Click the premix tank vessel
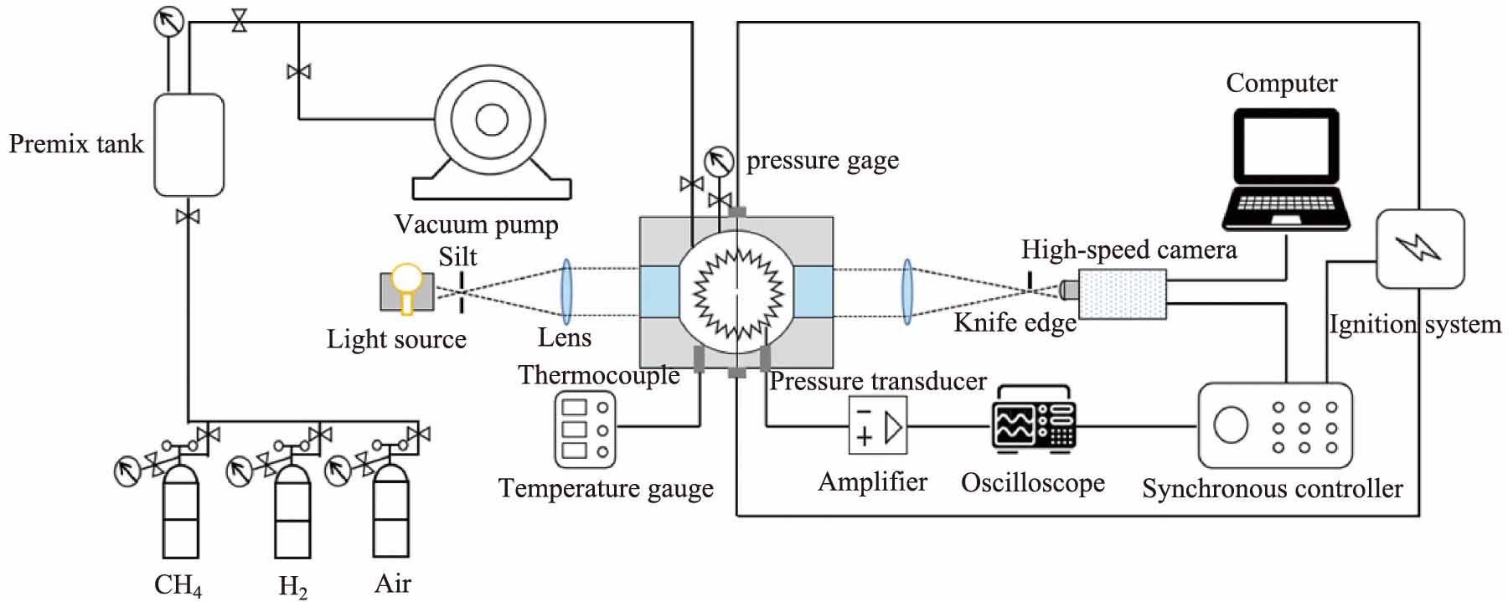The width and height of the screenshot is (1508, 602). point(189,145)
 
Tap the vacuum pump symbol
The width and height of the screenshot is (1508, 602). point(491,134)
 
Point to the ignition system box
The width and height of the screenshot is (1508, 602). point(1420,249)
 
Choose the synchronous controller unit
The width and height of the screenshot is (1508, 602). point(1275,425)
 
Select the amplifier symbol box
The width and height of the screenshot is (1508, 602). point(877,425)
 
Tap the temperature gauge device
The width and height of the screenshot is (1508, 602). point(585,429)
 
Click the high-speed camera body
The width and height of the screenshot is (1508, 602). point(1121,294)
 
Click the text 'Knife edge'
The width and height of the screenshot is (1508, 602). point(1015,322)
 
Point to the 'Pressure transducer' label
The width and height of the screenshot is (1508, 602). point(877,381)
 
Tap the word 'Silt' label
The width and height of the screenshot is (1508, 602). point(457,256)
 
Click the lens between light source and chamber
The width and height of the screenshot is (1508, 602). point(566,291)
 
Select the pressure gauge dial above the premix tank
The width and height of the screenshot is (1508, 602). point(168,22)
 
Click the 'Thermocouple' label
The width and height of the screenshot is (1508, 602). point(598,374)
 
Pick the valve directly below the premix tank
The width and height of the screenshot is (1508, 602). point(188,217)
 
